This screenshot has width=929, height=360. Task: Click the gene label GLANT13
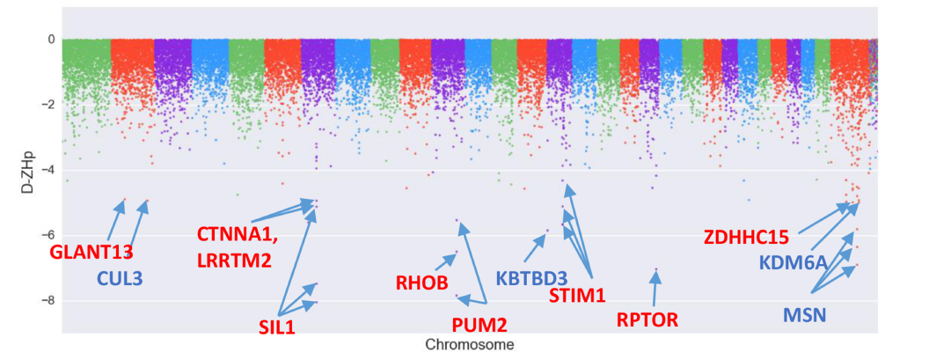click(x=91, y=252)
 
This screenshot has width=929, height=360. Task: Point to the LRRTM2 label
click(x=234, y=260)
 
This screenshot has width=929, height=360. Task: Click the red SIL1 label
click(x=275, y=327)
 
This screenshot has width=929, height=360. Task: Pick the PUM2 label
click(x=479, y=325)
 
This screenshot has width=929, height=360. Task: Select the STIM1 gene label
click(x=576, y=296)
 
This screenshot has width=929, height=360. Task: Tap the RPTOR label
click(x=647, y=320)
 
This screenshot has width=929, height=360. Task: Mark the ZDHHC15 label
click(x=751, y=237)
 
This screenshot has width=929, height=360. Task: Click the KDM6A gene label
click(x=793, y=263)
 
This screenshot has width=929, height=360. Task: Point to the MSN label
click(x=804, y=314)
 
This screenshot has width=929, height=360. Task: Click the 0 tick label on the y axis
click(x=52, y=40)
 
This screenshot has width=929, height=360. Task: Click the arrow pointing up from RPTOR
click(x=653, y=289)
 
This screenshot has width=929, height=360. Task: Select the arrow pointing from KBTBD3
click(x=535, y=249)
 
